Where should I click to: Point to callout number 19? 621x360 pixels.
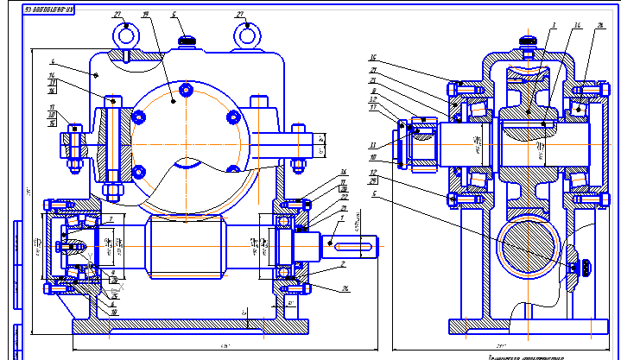pyautogui.click(x=144, y=15)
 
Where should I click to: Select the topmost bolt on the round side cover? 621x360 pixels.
pyautogui.click(x=186, y=88)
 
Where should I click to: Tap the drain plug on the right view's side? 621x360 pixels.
pyautogui.click(x=585, y=268)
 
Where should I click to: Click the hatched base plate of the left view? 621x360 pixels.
pyautogui.click(x=190, y=328)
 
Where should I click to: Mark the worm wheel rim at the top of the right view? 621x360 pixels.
pyautogui.click(x=527, y=77)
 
